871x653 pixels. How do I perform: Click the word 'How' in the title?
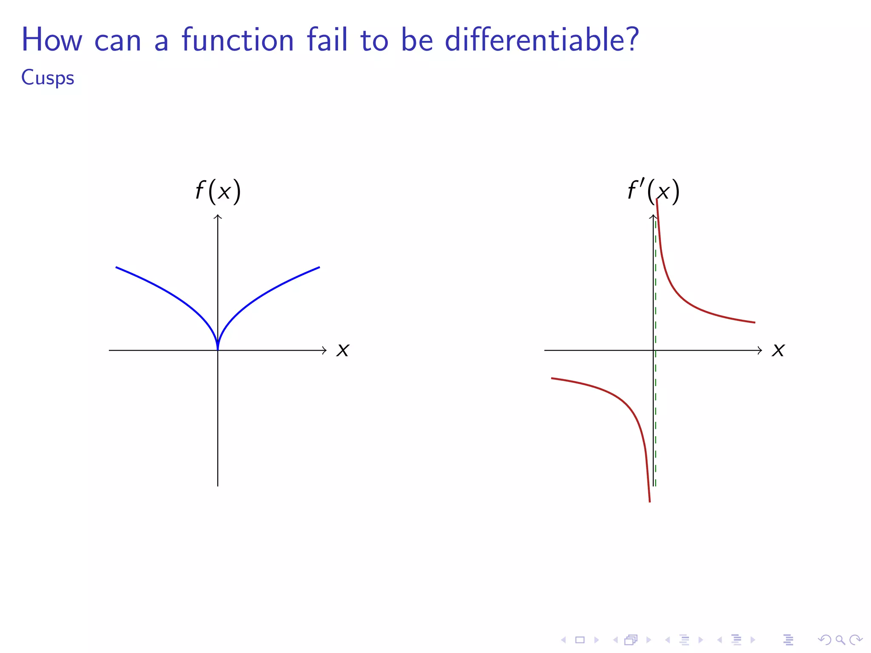coord(51,40)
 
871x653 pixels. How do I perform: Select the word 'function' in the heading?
coord(238,40)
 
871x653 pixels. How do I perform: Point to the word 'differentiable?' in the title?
coord(541,40)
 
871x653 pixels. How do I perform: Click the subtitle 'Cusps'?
coord(48,78)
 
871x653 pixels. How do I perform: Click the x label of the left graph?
coord(343,350)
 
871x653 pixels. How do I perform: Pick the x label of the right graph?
coord(778,350)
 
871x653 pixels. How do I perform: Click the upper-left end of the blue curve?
coord(117,267)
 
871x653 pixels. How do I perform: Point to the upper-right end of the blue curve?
coord(319,267)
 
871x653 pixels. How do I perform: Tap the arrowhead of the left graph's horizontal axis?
coord(325,350)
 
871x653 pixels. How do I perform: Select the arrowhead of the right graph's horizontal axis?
coord(760,350)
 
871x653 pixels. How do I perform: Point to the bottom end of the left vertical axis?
coord(218,485)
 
